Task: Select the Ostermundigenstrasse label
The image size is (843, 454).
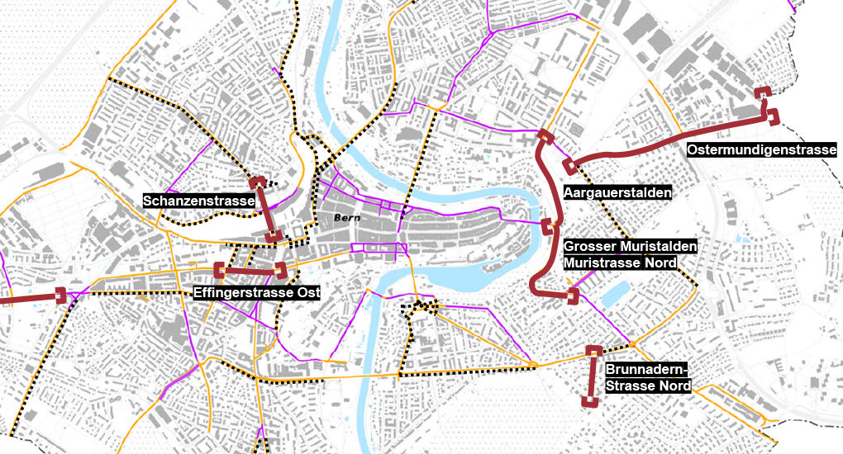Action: pyautogui.click(x=761, y=150)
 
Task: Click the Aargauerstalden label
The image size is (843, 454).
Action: pyautogui.click(x=617, y=192)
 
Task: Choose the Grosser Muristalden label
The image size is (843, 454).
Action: pyautogui.click(x=631, y=247)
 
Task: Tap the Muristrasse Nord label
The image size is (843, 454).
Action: pyautogui.click(x=620, y=262)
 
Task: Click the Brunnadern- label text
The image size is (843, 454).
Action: pyautogui.click(x=646, y=370)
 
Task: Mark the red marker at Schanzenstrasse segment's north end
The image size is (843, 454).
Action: pyautogui.click(x=258, y=182)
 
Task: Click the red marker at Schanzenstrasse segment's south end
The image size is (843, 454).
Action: pyautogui.click(x=272, y=237)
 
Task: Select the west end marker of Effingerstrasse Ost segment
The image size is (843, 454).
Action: pyautogui.click(x=220, y=270)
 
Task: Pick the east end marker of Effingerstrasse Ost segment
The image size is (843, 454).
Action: pyautogui.click(x=280, y=270)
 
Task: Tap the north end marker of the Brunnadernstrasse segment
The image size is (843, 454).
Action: pyautogui.click(x=593, y=352)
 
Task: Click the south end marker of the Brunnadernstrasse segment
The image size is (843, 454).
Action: pyautogui.click(x=588, y=401)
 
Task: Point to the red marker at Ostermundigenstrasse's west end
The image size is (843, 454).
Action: pyautogui.click(x=569, y=165)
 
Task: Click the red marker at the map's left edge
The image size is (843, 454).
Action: pyautogui.click(x=60, y=295)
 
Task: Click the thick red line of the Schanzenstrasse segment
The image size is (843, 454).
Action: pyautogui.click(x=265, y=210)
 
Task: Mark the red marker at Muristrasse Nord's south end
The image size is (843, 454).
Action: pyautogui.click(x=572, y=295)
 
